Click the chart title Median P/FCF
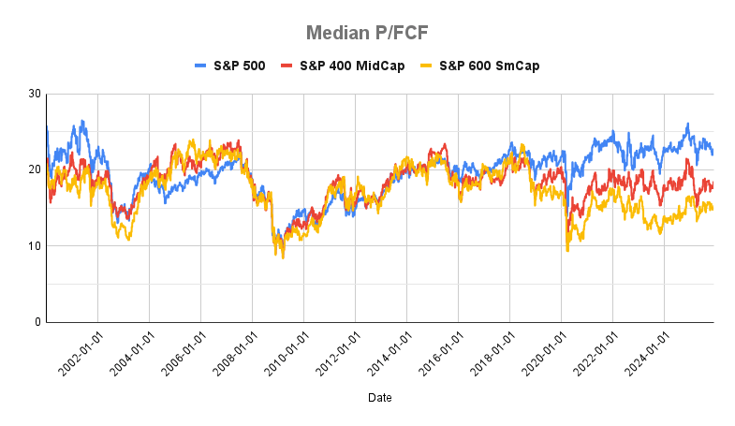(367, 34)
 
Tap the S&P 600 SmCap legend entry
(477, 66)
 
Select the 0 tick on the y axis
(37, 322)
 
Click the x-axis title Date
(380, 398)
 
